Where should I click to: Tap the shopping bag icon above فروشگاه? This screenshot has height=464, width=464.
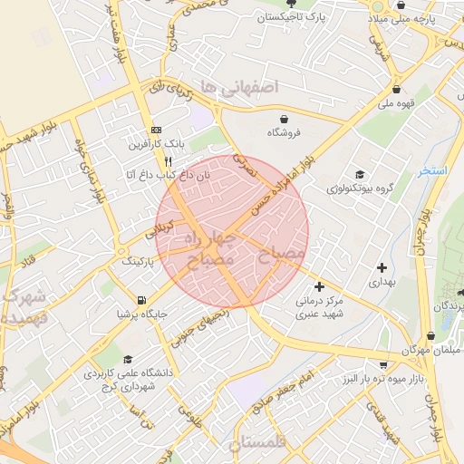click(x=285, y=119)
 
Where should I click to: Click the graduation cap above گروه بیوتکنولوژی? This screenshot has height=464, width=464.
click(x=360, y=174)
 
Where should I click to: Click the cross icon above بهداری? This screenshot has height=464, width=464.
click(x=382, y=267)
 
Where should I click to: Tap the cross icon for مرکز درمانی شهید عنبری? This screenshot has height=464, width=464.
click(x=319, y=286)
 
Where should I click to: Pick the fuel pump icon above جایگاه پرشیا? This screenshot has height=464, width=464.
click(x=140, y=300)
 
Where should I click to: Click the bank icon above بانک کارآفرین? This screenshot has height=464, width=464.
click(x=154, y=129)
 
